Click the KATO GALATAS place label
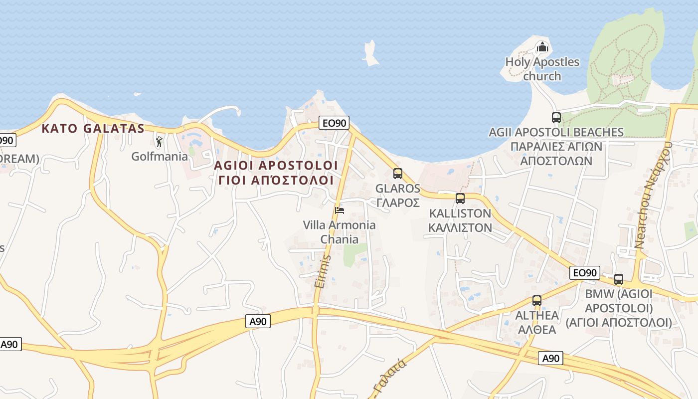coord(93,129)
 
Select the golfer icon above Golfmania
coord(159,142)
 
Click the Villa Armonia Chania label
coord(339,232)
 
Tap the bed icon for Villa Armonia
coord(340,210)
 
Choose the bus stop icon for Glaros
coord(397,174)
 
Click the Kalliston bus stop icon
coord(460,199)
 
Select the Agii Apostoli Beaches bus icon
coord(556,118)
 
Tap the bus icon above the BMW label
coord(619,279)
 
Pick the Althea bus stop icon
coord(536,301)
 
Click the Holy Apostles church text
coord(542,69)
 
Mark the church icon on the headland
coord(542,48)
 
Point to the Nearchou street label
coord(653,195)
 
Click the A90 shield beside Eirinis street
coord(258,322)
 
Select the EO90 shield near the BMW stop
coord(584,273)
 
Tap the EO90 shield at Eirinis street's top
coord(334,123)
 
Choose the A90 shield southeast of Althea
coord(550,358)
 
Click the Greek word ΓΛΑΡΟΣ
coord(398,203)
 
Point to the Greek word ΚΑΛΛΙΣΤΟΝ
coord(461,227)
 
